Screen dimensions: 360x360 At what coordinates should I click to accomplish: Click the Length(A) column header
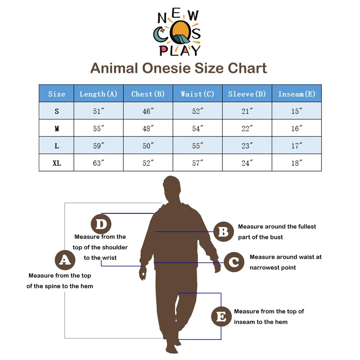pos(99,94)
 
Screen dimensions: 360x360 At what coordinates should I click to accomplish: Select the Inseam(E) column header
pos(297,94)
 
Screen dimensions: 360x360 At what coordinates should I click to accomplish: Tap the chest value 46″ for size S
pos(148,111)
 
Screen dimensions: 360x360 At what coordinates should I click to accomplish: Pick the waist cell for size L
pos(198,146)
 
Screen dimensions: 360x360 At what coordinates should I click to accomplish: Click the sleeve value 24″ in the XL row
pos(247,163)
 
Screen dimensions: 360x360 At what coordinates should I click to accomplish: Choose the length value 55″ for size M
pos(99,129)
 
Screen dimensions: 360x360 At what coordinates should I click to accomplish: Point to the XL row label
pos(57,163)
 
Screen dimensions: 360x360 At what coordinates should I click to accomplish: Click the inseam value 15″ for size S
pos(297,111)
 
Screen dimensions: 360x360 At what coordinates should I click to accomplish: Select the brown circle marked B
pos(223,232)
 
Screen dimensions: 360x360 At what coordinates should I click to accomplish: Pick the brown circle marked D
pos(102,224)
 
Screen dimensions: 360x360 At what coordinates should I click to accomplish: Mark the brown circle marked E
pos(221,316)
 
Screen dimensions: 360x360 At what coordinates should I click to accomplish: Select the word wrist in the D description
pos(109,258)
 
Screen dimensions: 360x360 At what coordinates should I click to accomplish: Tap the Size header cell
pos(57,94)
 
